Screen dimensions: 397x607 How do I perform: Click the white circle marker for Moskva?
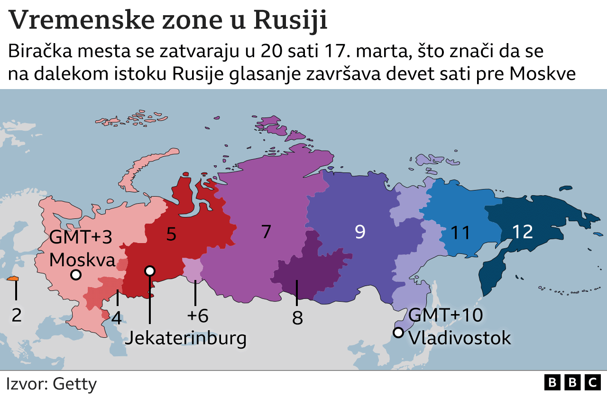75,275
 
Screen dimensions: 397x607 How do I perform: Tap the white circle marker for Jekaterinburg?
150,271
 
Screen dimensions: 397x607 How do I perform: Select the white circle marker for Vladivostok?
398,333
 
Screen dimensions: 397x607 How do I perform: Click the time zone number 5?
171,234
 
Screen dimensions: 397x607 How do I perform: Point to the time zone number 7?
266,232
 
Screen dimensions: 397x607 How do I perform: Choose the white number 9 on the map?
360,232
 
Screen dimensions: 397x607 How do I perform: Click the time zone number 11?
460,233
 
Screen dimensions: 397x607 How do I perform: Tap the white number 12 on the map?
523,232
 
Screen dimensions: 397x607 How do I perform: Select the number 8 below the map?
297,318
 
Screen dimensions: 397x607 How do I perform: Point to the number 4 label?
117,317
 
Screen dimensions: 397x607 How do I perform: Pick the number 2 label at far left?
17,315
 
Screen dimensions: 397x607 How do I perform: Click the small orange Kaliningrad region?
13,279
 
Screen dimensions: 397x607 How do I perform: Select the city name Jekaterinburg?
185,338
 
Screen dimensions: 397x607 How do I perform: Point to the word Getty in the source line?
75,384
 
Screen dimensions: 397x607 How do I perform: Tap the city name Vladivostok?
460,338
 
